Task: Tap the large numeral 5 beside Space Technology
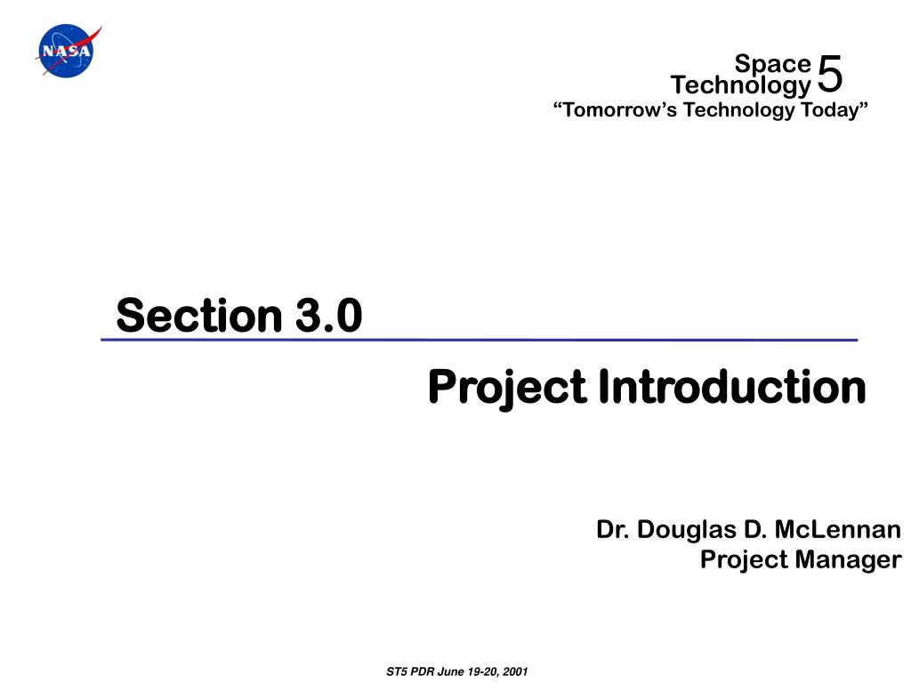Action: pos(830,74)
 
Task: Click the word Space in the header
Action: pos(772,63)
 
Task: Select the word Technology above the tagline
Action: pos(741,85)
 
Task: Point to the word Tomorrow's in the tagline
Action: pos(615,109)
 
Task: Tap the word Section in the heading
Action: pos(198,316)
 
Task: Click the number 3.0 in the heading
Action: pos(329,316)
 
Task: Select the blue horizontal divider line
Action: pos(480,340)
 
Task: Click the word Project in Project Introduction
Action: pos(507,388)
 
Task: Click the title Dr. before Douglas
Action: pos(613,530)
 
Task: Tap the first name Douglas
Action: pos(687,530)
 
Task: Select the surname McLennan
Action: pos(838,530)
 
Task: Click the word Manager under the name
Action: pos(848,560)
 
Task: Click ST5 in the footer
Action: pos(397,672)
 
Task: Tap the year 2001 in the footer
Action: pos(515,672)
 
